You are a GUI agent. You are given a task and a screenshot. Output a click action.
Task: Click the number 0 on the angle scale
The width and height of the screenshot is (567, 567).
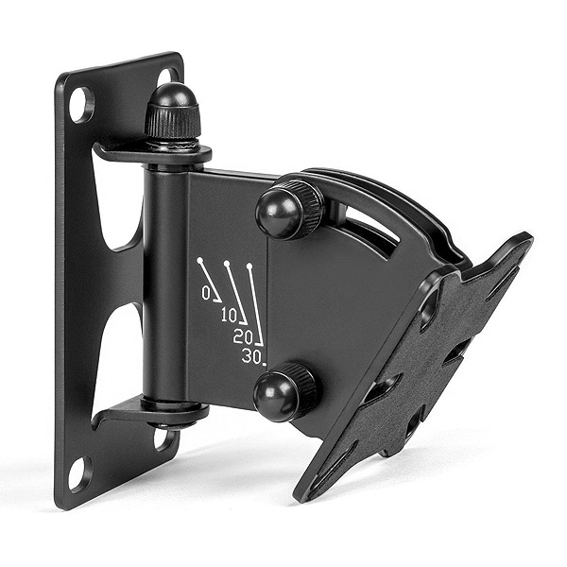point(206,293)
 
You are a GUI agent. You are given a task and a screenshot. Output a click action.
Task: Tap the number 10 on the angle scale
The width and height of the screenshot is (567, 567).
point(230,317)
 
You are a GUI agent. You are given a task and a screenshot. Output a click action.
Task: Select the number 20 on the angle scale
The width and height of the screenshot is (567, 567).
point(243,337)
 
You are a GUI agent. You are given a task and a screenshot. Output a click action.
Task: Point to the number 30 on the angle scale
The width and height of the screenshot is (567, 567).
point(251,357)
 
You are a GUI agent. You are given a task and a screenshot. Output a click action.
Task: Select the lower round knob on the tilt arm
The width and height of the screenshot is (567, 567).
point(284,392)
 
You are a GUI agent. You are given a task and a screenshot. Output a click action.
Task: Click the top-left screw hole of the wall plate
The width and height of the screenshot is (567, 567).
point(82,104)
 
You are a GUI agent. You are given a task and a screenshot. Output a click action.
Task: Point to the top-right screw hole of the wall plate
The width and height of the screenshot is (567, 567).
point(167,77)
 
